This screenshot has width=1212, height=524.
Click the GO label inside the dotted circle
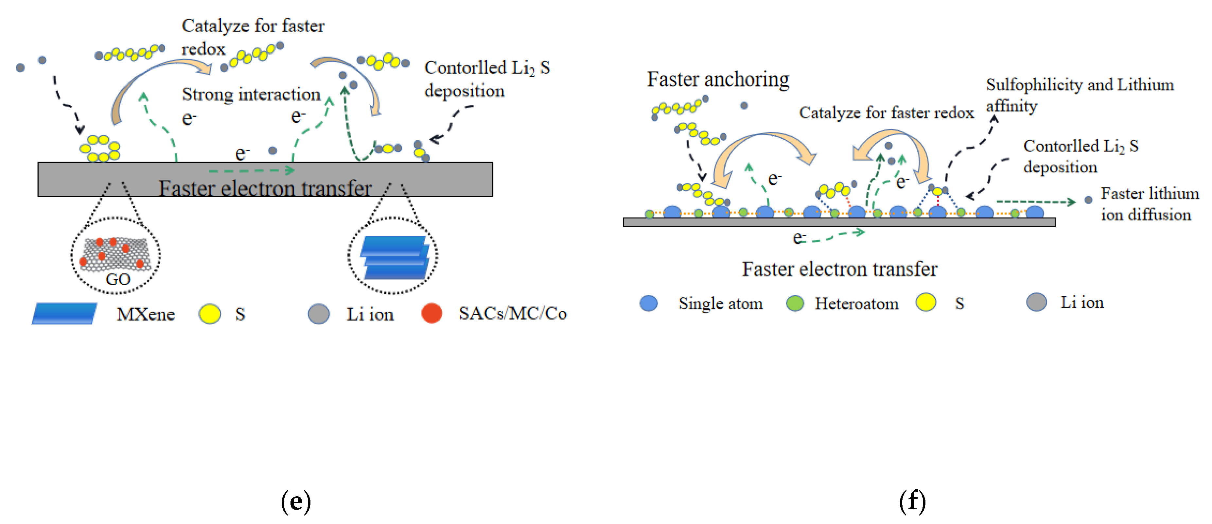pos(118,279)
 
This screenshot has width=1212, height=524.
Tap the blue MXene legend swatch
pos(64,313)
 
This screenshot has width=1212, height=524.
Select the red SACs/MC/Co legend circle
pos(431,313)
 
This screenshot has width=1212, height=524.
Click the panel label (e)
pos(296,501)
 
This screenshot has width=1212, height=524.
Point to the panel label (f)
pos(912,501)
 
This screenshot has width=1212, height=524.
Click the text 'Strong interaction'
pos(251,95)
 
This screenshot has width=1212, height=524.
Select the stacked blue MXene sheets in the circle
pos(394,257)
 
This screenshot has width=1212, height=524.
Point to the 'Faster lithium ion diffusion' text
pos(1150,204)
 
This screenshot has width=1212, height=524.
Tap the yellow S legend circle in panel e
pos(210,314)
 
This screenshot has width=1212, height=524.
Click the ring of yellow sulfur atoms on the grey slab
pos(100,148)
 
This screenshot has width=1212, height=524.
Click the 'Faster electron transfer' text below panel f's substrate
pos(839,270)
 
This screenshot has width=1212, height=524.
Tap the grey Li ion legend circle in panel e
pos(319,314)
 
